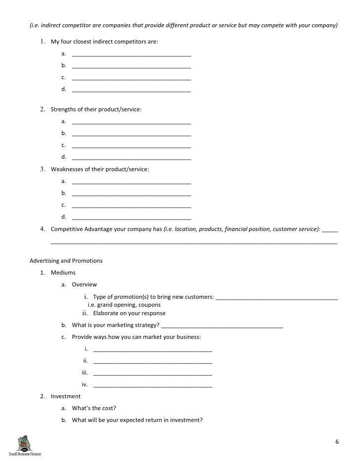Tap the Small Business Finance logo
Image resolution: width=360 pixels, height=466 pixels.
coord(24,445)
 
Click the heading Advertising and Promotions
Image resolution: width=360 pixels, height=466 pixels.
coord(66,261)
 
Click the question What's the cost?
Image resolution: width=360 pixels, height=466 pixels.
coord(94,408)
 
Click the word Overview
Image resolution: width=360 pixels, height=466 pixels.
coord(85,284)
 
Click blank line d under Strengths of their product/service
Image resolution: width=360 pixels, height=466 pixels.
coord(131,158)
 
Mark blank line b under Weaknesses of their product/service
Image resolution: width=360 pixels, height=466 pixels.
coord(131,194)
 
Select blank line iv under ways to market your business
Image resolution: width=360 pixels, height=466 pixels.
coord(152,385)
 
